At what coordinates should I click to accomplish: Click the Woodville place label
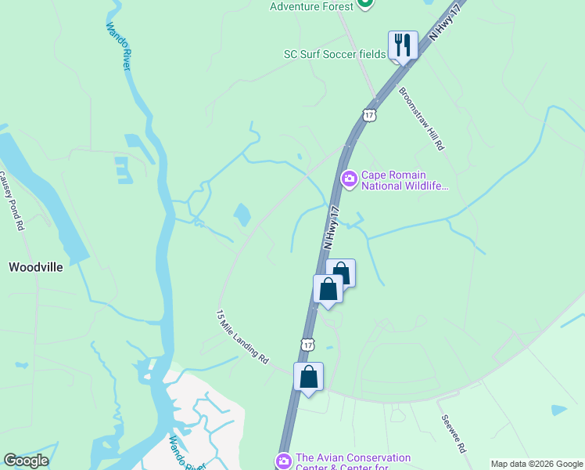[35, 267]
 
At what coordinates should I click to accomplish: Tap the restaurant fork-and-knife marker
[403, 45]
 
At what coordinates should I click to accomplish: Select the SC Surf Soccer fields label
[335, 54]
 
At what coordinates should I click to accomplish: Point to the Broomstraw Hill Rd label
[422, 117]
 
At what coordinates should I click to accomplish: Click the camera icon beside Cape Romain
[350, 179]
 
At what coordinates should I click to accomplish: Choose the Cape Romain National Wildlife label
[405, 180]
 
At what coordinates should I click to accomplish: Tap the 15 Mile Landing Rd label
[242, 336]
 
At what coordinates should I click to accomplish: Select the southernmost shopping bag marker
[309, 377]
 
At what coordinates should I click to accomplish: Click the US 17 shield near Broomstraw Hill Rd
[369, 115]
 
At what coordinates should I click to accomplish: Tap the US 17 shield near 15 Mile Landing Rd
[307, 344]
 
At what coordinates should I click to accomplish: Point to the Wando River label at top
[117, 46]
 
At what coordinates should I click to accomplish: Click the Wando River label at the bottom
[188, 454]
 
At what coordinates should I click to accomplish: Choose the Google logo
[26, 461]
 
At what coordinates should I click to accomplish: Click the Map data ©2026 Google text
[537, 464]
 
